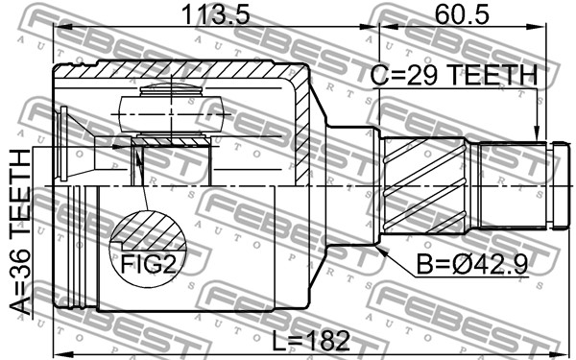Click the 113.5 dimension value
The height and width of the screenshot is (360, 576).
tap(215, 15)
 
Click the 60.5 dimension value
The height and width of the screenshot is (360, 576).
tap(462, 15)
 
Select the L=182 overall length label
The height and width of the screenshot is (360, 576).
tap(311, 340)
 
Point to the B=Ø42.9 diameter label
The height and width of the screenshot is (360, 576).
tap(472, 264)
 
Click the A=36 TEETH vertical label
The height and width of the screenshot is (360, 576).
tap(19, 232)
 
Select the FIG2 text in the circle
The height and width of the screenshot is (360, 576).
tap(149, 264)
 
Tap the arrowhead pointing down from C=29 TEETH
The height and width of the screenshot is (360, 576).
tap(537, 134)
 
